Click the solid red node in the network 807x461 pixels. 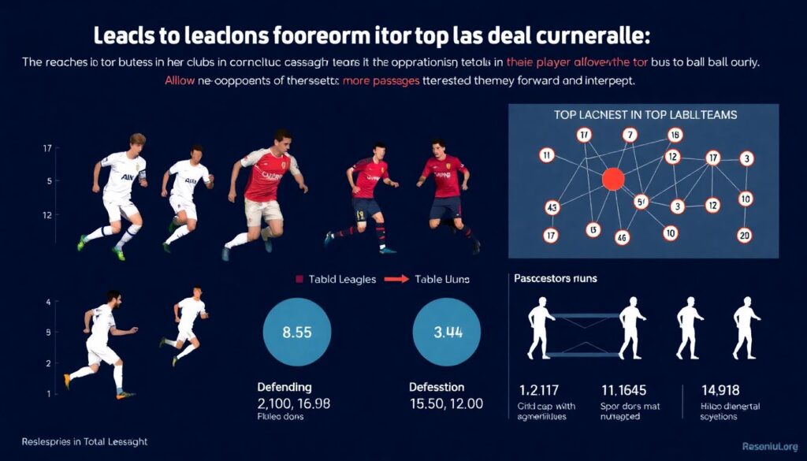[612, 179]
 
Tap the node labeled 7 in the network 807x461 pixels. [629, 135]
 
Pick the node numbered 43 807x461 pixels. [552, 208]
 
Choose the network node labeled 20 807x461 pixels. [744, 235]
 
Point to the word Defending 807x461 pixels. [284, 387]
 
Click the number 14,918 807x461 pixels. [720, 389]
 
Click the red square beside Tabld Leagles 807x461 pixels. [299, 279]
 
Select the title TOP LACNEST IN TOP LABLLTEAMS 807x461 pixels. [644, 114]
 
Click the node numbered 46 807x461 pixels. [623, 236]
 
